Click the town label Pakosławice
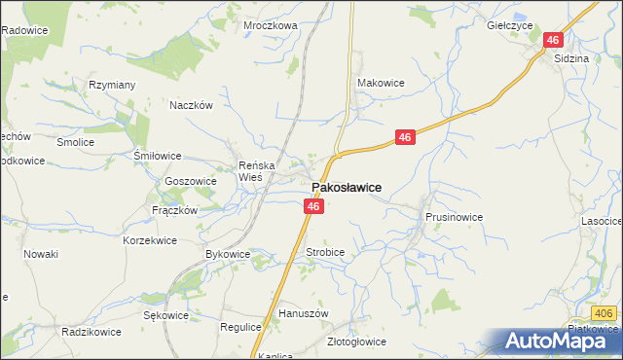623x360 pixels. click(346, 187)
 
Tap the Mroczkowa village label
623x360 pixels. click(270, 26)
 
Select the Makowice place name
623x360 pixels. click(381, 84)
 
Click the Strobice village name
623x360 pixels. click(325, 252)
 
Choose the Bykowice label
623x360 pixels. click(228, 254)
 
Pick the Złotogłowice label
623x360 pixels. click(355, 342)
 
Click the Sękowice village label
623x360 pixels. click(165, 315)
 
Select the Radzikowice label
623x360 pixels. click(91, 332)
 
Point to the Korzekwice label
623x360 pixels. click(150, 239)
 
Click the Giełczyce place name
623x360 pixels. click(508, 26)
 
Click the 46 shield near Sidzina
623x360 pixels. click(553, 40)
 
